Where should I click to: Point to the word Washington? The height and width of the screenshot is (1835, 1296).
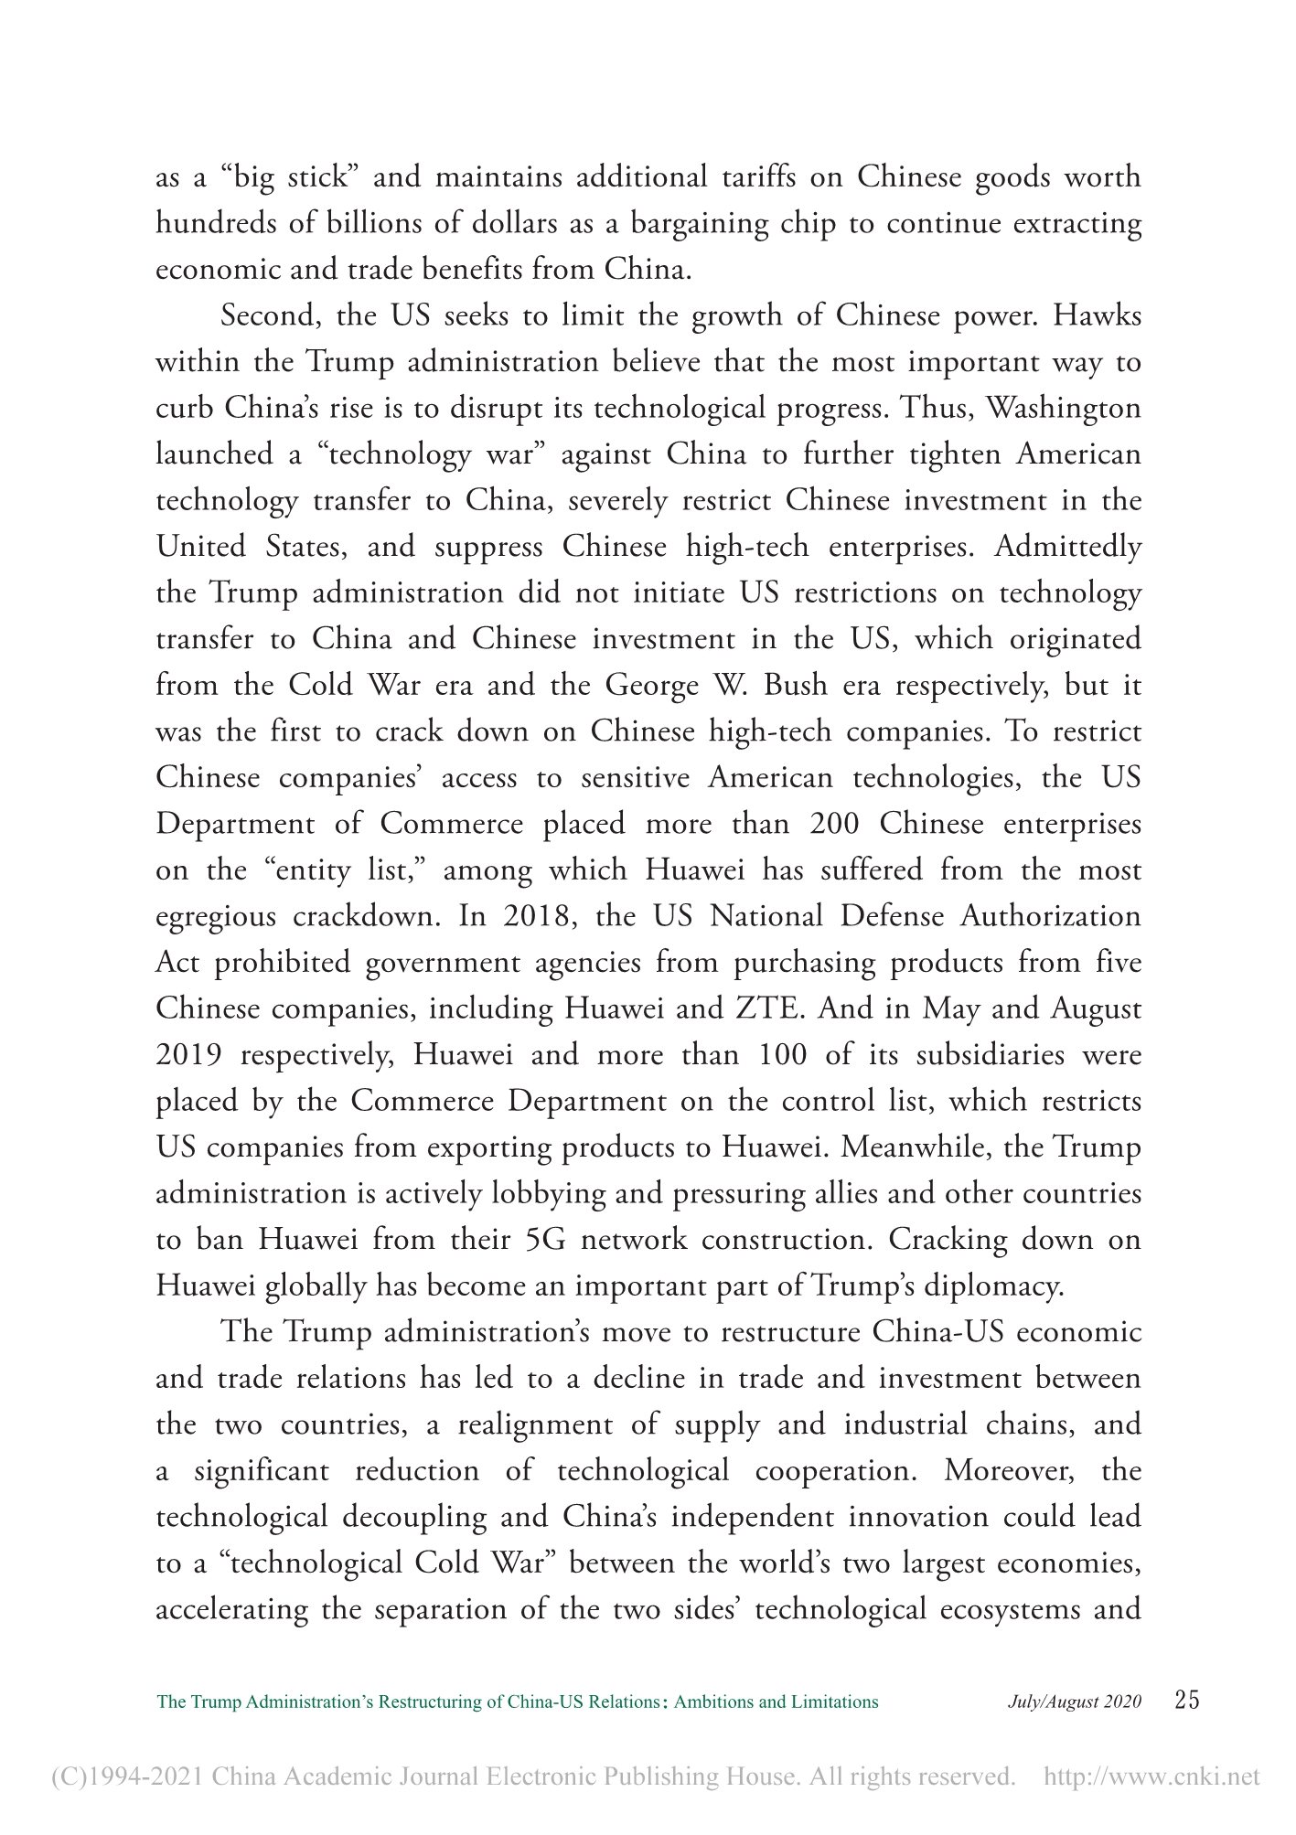pos(1062,408)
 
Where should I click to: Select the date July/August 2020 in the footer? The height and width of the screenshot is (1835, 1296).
pos(1075,1702)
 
